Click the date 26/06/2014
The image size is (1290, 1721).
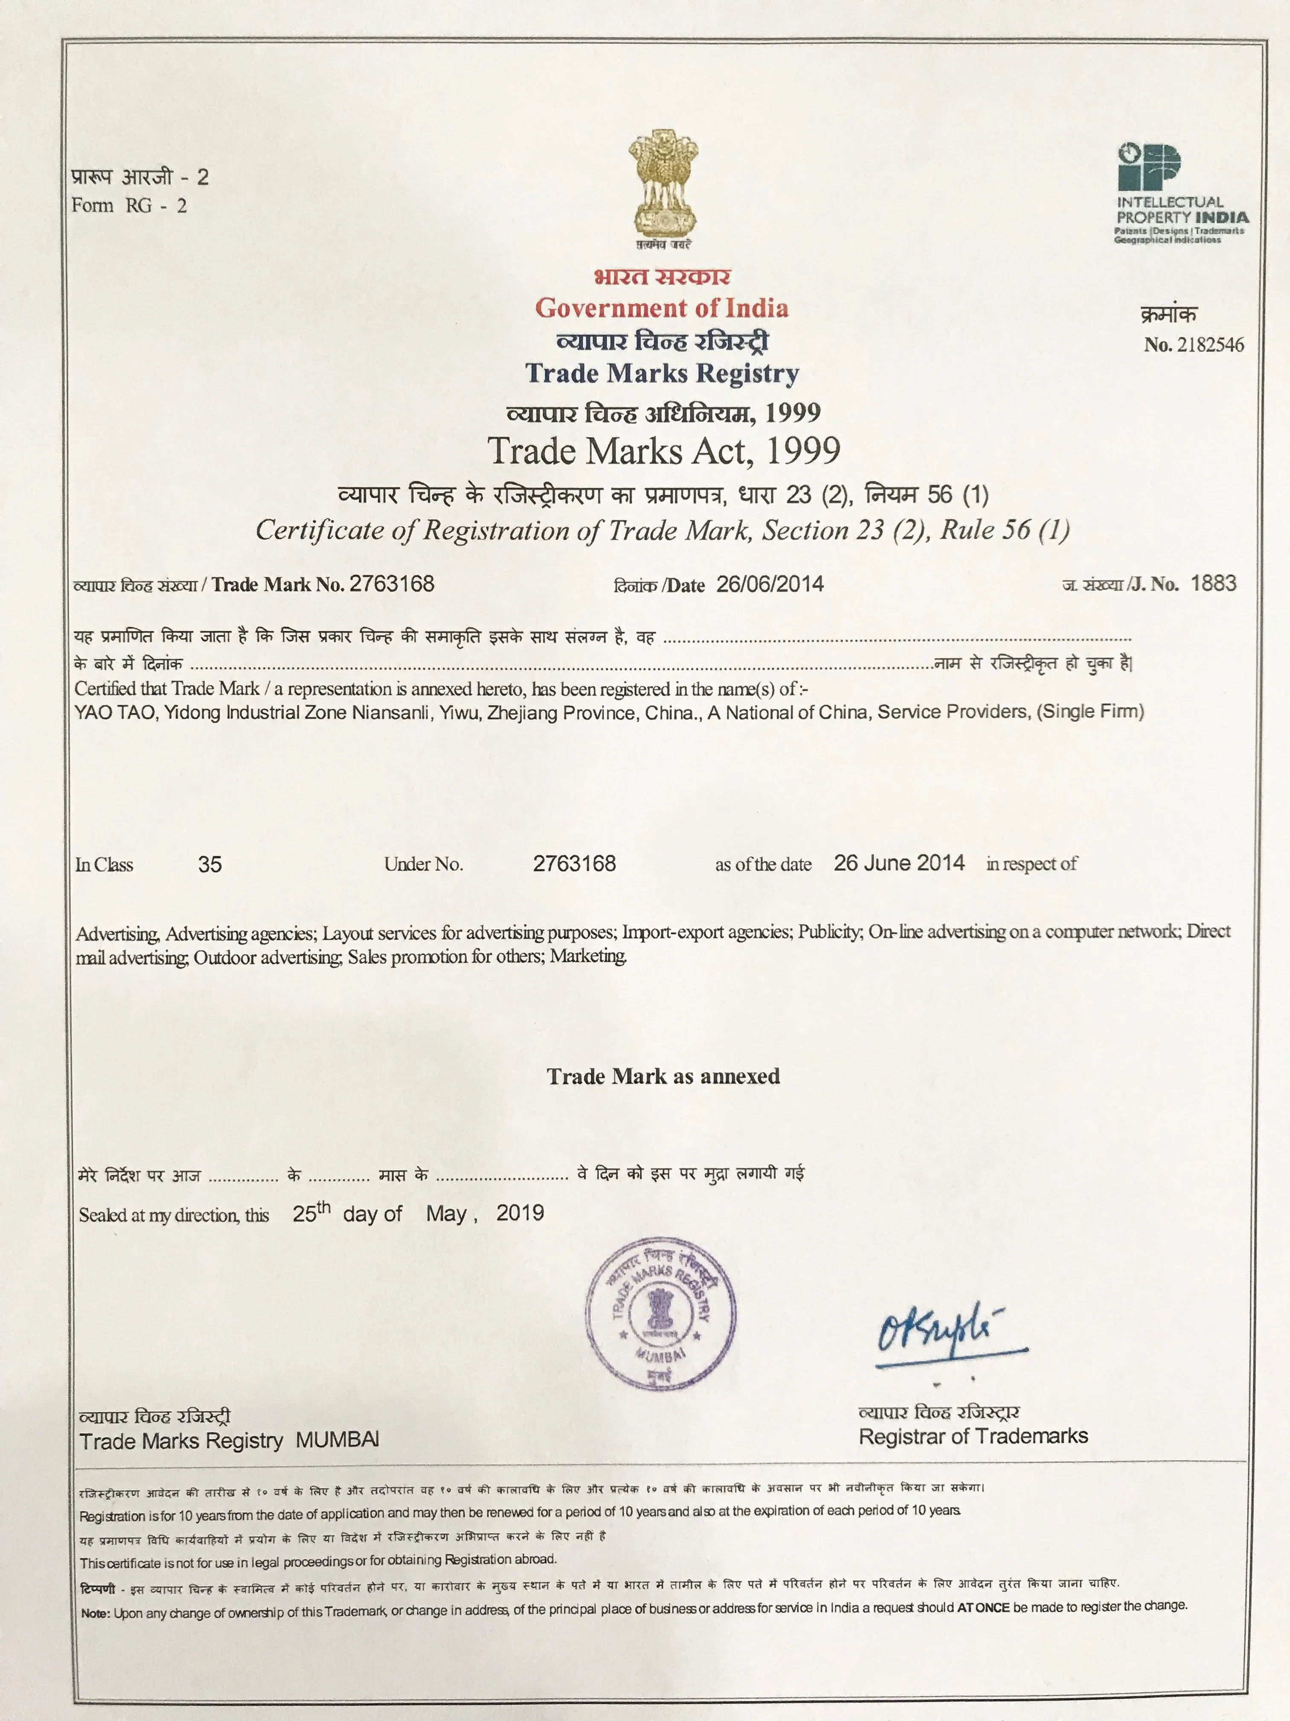pos(770,584)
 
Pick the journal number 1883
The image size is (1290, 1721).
pos(1213,583)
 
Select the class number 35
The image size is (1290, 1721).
pos(210,864)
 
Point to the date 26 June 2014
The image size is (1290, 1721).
pos(899,863)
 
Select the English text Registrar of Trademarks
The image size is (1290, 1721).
pos(973,1436)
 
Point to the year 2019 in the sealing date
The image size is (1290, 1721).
pos(520,1213)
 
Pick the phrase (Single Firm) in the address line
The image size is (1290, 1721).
pos(1090,711)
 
